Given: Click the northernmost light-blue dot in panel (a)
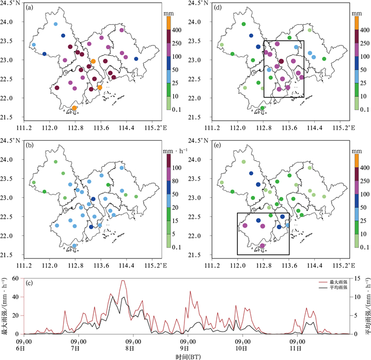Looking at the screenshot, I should pos(56,24).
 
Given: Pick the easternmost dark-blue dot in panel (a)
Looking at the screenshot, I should pos(136,59).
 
